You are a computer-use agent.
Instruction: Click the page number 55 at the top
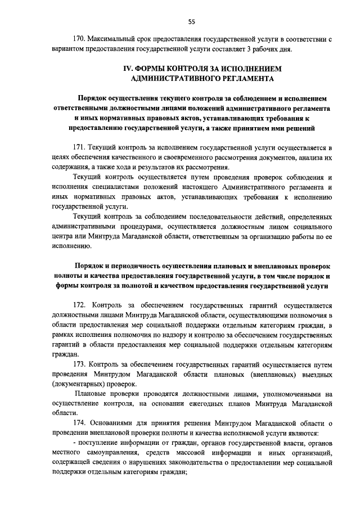point(192,21)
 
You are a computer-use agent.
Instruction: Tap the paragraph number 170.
point(82,40)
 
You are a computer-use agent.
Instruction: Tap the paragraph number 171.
point(82,147)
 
